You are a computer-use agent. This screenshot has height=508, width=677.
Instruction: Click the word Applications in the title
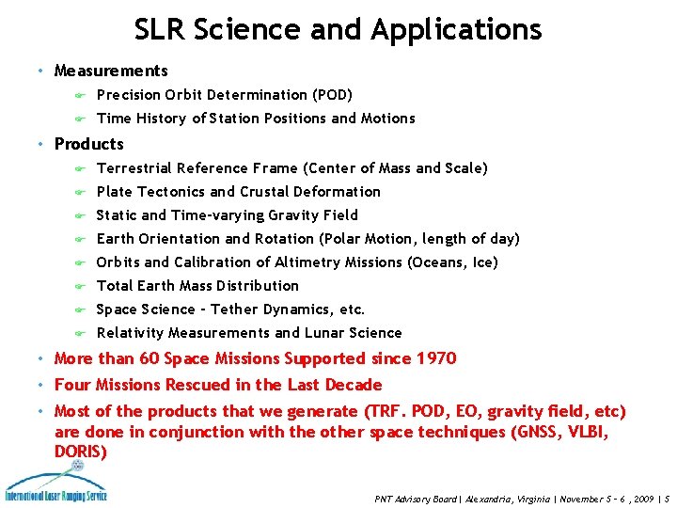point(456,30)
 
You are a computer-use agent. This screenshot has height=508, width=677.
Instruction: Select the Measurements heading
point(111,71)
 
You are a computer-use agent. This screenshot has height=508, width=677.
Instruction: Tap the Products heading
point(89,144)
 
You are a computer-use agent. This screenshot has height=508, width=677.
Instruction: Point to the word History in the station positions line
point(162,119)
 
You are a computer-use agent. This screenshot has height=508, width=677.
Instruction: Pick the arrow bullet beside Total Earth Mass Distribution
point(81,286)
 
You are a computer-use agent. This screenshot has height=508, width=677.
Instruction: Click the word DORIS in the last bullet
point(81,452)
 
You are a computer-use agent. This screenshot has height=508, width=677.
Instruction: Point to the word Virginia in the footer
point(528,499)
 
